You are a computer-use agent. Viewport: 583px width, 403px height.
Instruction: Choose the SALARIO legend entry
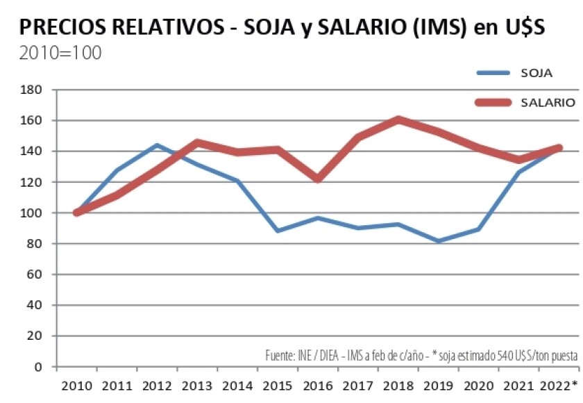tap(547, 103)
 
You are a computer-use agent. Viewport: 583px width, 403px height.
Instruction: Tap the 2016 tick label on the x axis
tap(318, 386)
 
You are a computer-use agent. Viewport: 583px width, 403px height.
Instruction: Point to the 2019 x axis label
tap(439, 386)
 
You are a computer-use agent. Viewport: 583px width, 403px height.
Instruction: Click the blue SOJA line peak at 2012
tap(157, 145)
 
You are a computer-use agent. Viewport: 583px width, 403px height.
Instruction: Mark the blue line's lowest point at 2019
tap(439, 241)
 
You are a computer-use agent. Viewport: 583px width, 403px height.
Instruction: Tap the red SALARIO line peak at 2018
tap(398, 120)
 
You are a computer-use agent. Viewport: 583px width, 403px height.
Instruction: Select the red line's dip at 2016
tap(318, 179)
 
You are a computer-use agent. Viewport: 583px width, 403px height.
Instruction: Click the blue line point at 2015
tap(278, 231)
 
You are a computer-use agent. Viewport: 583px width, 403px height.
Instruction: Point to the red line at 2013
tap(197, 142)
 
